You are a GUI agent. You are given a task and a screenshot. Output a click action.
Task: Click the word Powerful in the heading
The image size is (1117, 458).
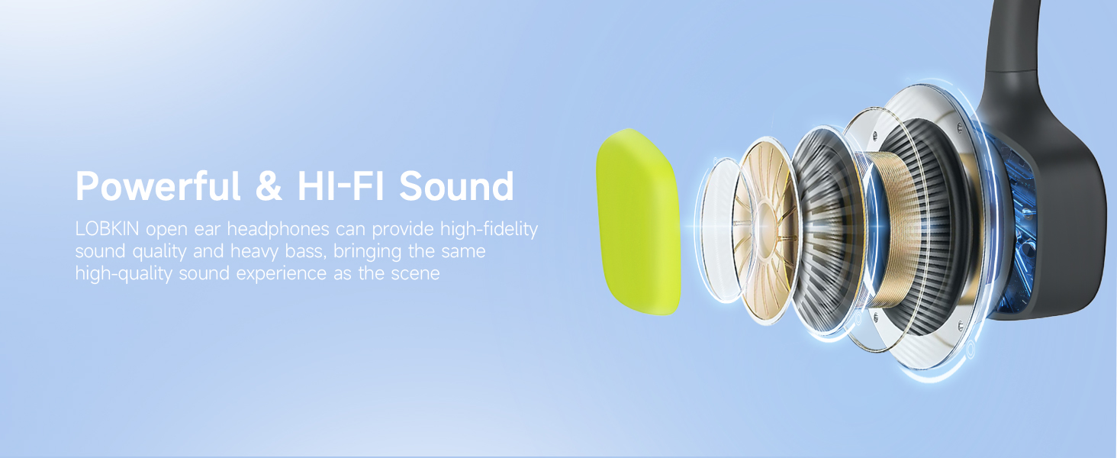pyautogui.click(x=158, y=186)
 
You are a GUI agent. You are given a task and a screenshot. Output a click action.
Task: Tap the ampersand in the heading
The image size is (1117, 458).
pyautogui.click(x=269, y=185)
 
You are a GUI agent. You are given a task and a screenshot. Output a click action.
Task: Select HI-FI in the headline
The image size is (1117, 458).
pyautogui.click(x=341, y=185)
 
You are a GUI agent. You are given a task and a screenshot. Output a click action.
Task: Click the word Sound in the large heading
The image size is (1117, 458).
pyautogui.click(x=456, y=185)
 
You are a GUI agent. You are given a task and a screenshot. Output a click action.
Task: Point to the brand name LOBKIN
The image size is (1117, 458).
pyautogui.click(x=108, y=229)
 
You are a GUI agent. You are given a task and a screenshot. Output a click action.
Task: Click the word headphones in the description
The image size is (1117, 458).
pyautogui.click(x=278, y=229)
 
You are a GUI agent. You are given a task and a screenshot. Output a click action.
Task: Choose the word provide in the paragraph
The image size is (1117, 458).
pyautogui.click(x=403, y=229)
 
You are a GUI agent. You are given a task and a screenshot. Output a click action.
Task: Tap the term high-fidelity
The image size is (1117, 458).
pyautogui.click(x=488, y=229)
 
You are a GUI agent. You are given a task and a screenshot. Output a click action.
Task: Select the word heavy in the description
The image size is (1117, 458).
pyautogui.click(x=254, y=251)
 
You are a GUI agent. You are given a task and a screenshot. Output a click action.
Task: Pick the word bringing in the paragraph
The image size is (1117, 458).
pyautogui.click(x=368, y=251)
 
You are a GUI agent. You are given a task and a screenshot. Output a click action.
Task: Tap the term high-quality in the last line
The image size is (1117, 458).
pyautogui.click(x=124, y=274)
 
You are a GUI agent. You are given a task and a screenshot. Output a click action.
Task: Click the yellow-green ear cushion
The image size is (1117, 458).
pyautogui.click(x=639, y=222)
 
